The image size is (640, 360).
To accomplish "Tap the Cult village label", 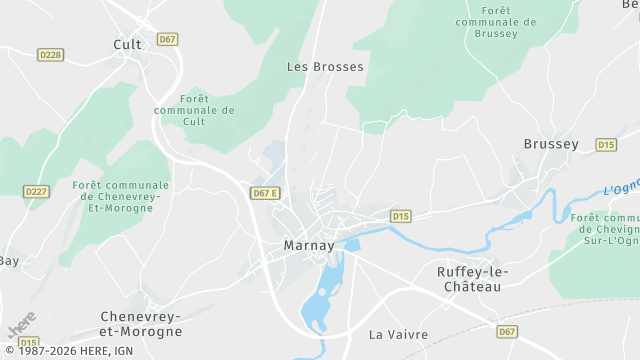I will (x=127, y=44).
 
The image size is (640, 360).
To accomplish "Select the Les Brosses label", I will (x=325, y=67).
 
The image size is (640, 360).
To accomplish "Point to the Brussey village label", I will (x=551, y=144).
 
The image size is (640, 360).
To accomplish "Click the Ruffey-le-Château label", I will (x=474, y=279).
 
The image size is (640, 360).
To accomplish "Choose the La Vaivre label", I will (x=398, y=334).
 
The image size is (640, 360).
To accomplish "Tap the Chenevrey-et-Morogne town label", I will (x=141, y=323).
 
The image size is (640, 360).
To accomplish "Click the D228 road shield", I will (x=50, y=55).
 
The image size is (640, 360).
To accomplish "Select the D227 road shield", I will (x=36, y=191).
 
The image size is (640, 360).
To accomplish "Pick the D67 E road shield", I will (x=265, y=193).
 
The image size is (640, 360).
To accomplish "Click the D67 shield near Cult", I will (x=168, y=40).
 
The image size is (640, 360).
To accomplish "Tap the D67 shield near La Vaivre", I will (x=507, y=331).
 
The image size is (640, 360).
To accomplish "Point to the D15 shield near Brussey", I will (x=606, y=145).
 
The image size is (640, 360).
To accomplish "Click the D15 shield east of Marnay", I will (x=401, y=215).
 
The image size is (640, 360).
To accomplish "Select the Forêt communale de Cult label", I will (x=194, y=111).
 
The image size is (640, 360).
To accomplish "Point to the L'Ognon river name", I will (x=621, y=187).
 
